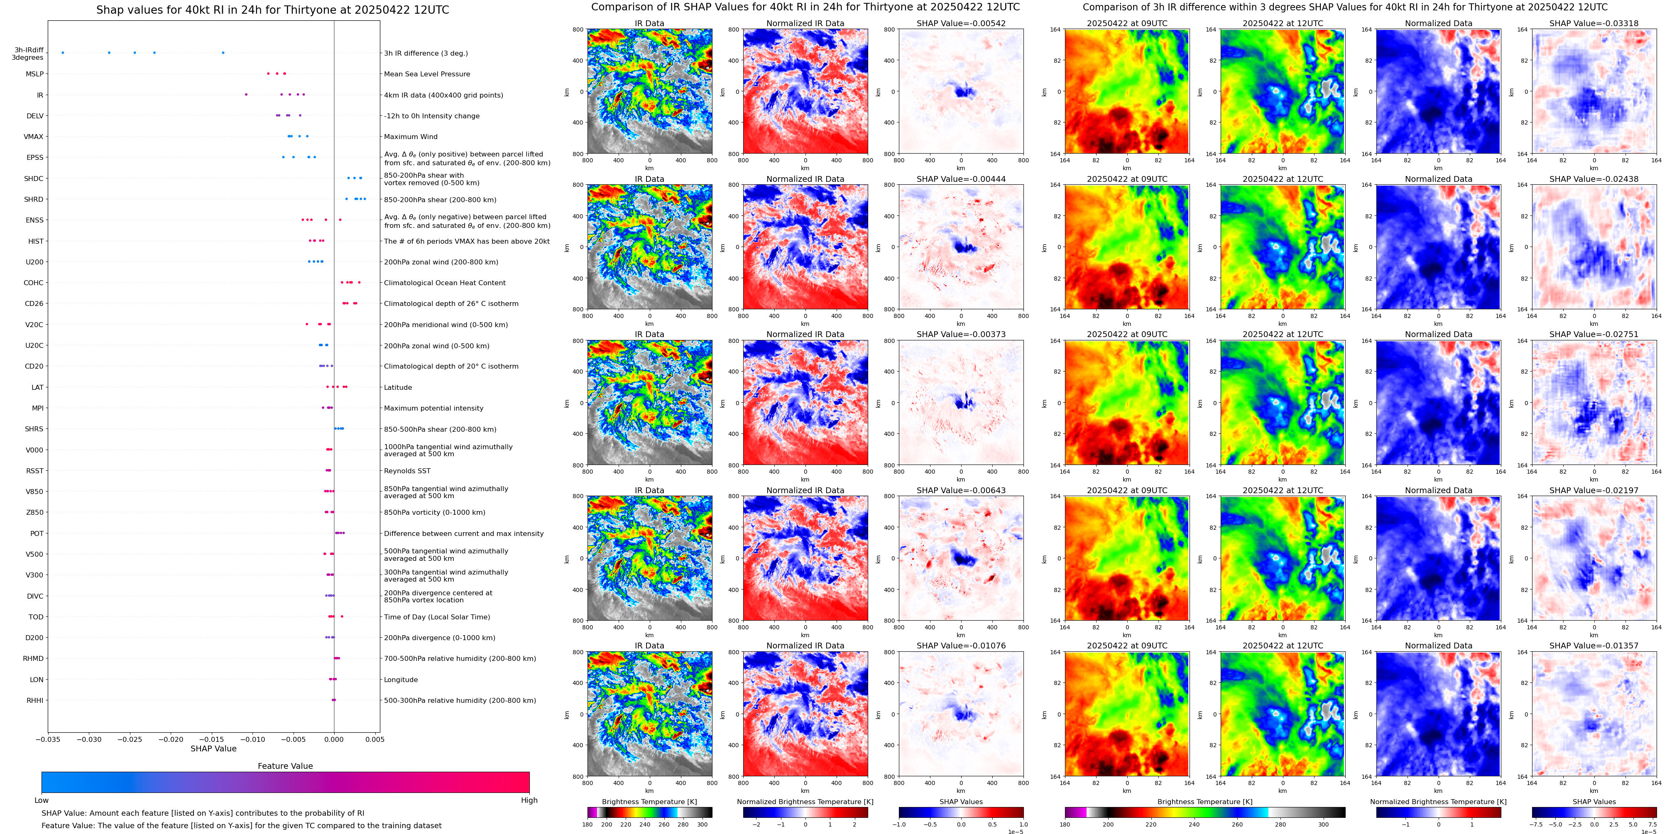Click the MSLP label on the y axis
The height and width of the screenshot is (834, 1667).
coord(34,74)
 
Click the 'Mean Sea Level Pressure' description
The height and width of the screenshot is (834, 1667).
coord(426,74)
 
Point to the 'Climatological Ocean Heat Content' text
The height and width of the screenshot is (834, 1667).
coord(445,283)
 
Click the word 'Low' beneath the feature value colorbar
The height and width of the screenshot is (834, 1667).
coord(42,800)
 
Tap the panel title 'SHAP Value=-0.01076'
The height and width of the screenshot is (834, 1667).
coord(961,646)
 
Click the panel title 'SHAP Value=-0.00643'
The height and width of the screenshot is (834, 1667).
coord(961,490)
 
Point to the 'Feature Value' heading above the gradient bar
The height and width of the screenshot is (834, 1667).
coord(285,766)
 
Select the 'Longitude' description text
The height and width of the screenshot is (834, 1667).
coord(401,680)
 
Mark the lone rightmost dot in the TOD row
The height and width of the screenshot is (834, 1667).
coord(342,616)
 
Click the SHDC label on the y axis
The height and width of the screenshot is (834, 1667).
coord(34,179)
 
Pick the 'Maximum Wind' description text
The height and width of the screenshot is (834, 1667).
coord(410,137)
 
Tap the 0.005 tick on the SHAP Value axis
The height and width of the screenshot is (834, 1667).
coord(375,739)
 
